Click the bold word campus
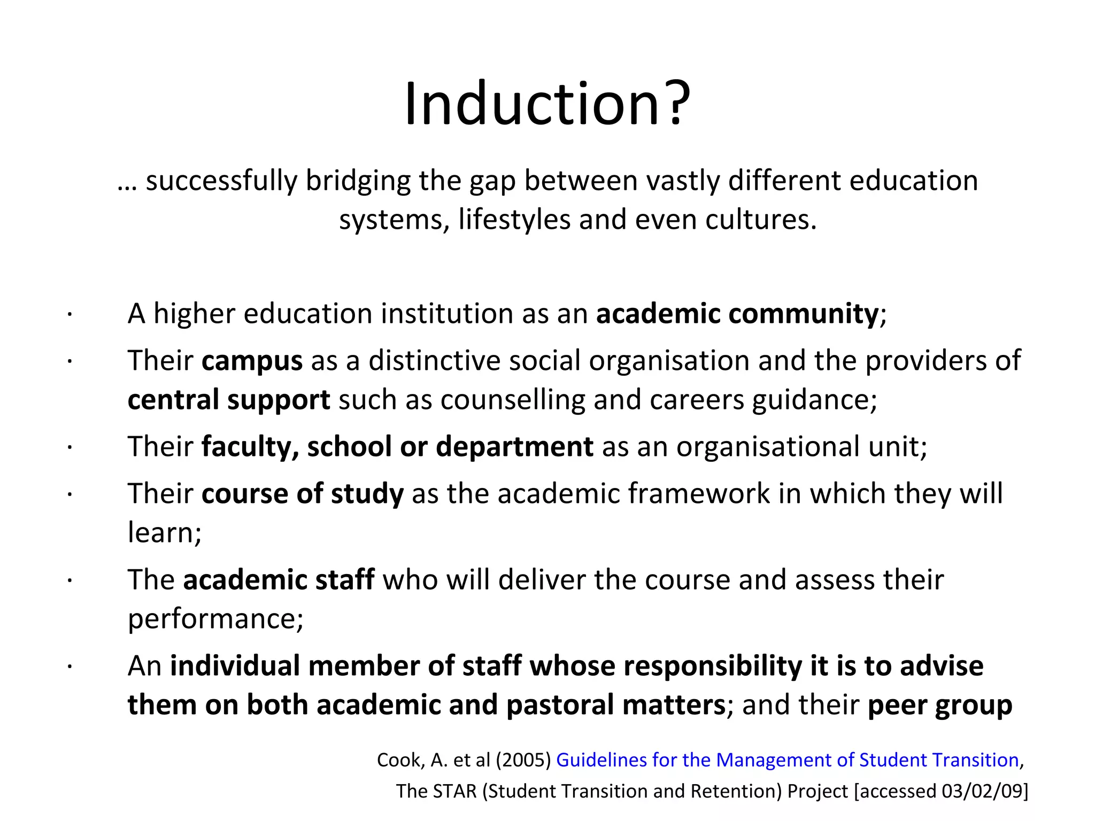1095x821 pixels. pos(252,361)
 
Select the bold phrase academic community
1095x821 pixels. pos(737,313)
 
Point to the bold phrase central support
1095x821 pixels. pos(229,400)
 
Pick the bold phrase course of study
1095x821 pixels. pos(303,493)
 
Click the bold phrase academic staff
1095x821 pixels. pos(279,580)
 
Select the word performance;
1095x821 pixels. pos(215,619)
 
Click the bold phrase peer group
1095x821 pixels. pos(939,705)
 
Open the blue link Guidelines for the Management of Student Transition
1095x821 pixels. pos(787,760)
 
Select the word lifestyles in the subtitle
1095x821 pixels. pos(514,220)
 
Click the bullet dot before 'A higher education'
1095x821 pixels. pos(70,315)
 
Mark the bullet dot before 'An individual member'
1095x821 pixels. pos(70,668)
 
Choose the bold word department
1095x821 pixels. pos(514,447)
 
